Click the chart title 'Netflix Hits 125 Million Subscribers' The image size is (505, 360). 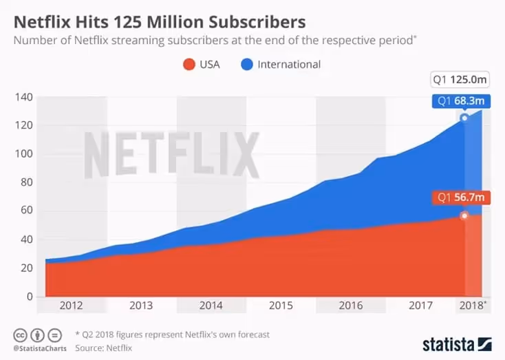click(x=160, y=19)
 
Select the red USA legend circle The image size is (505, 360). click(x=188, y=65)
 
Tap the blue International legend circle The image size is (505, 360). click(x=246, y=65)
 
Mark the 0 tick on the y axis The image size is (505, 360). click(x=28, y=297)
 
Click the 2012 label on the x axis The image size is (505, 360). click(x=72, y=306)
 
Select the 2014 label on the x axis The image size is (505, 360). click(x=211, y=306)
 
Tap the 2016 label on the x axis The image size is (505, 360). click(x=351, y=306)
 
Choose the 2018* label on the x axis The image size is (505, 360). click(x=473, y=306)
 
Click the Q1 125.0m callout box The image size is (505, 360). click(x=460, y=81)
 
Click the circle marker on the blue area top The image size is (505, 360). click(x=464, y=118)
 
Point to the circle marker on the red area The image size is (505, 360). click(x=464, y=215)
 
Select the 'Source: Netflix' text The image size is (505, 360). click(x=103, y=348)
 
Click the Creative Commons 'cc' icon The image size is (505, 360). click(x=19, y=335)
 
